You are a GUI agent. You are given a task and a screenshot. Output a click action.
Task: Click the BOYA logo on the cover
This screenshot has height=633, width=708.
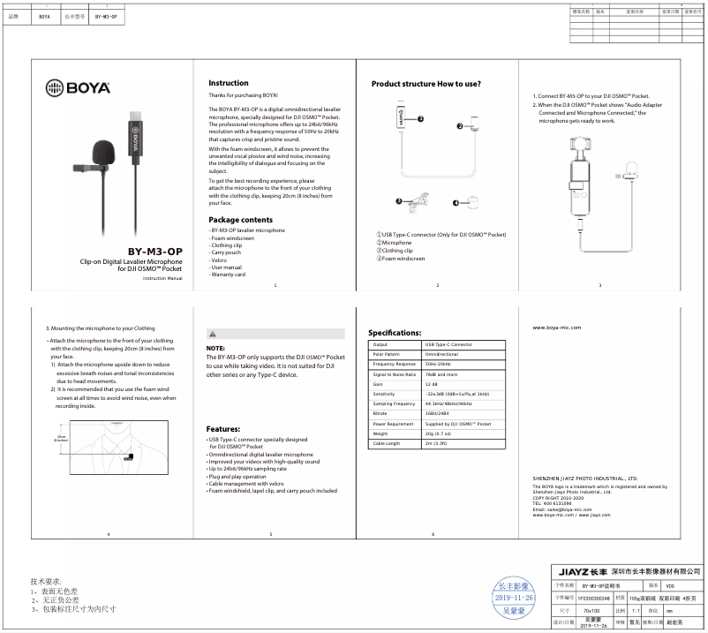tap(78, 87)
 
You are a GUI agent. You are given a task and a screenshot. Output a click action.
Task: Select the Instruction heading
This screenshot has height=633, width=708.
tap(228, 83)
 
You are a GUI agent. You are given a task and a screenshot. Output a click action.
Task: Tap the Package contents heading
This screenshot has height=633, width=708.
tap(240, 219)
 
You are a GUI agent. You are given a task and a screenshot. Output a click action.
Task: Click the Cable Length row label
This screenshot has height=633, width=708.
tap(387, 443)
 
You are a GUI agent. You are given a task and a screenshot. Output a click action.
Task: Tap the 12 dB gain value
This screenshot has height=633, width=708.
tap(432, 384)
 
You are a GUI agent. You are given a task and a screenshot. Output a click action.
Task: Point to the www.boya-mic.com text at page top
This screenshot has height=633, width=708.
tap(557, 327)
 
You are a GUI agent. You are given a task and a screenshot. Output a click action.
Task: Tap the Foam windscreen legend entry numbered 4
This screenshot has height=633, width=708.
tap(401, 259)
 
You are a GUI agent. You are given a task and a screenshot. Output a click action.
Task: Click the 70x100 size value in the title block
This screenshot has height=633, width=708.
tap(591, 610)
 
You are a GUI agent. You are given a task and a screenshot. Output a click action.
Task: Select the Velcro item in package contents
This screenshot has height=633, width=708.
tap(220, 260)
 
